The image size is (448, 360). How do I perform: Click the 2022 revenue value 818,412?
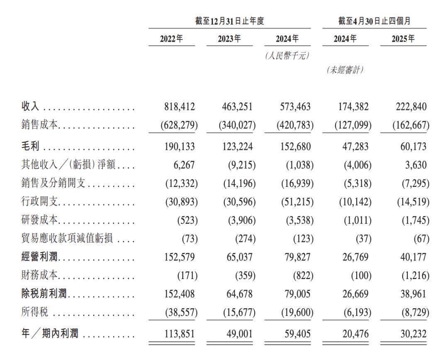179,107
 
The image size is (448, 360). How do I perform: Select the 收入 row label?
30,107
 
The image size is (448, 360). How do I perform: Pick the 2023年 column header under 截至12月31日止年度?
229,39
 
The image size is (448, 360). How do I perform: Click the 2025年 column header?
403,39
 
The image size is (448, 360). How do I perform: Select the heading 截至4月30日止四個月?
374,21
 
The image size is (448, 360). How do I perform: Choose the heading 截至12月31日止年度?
229,21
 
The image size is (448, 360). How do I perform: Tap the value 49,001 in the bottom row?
238,333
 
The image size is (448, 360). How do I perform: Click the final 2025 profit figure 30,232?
411,333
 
